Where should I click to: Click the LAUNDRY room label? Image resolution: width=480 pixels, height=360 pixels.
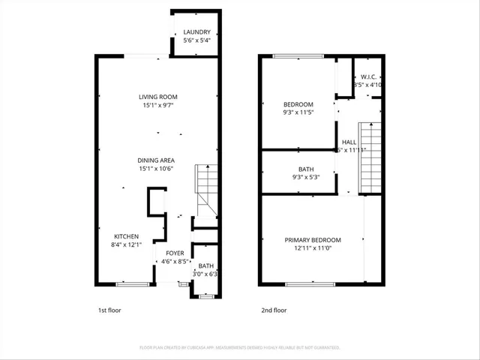[197, 31]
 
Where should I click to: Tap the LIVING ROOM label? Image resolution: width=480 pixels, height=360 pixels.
[157, 97]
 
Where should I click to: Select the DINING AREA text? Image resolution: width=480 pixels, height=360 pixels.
[156, 160]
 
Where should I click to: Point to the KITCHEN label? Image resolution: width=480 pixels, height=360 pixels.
[125, 236]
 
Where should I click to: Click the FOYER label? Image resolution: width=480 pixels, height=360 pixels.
[175, 253]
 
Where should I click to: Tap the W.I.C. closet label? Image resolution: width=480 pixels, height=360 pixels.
[368, 76]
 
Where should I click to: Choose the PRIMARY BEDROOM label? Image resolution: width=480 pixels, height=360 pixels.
[312, 240]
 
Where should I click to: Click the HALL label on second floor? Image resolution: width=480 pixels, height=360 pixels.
[349, 142]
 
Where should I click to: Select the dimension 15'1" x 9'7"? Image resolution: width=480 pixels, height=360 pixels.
[157, 106]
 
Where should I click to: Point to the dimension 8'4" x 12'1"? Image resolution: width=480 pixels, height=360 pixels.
[125, 244]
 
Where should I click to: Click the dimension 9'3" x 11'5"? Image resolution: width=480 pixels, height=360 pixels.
[298, 112]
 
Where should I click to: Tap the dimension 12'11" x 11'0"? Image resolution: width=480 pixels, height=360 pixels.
[312, 248]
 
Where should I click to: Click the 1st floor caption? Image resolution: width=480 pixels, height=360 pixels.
[109, 310]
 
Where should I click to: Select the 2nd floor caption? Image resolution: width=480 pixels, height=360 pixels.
[274, 310]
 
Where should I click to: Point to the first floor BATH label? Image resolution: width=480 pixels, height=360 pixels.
[205, 265]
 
